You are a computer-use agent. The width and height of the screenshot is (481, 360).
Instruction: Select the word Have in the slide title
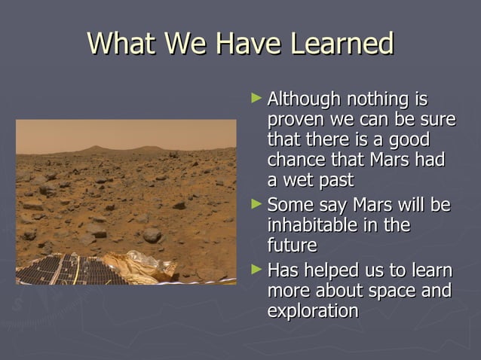tap(244, 44)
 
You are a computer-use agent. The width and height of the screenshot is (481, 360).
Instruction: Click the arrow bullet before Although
tap(257, 98)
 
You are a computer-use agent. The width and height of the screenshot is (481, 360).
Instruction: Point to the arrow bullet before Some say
tap(257, 203)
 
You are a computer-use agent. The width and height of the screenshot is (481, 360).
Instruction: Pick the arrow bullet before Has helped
tap(257, 269)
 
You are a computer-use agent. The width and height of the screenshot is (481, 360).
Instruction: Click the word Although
tap(305, 99)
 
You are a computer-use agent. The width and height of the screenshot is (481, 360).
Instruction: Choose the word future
tap(292, 246)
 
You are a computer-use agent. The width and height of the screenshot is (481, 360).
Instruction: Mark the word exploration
tap(313, 310)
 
